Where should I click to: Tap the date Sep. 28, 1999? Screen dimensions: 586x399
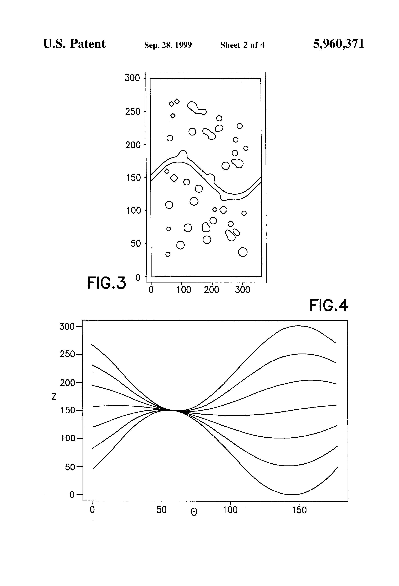click(x=168, y=45)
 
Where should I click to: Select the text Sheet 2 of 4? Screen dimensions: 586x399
click(x=242, y=45)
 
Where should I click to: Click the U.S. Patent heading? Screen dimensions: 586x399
click(x=74, y=44)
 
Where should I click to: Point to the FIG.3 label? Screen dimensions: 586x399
click(x=106, y=283)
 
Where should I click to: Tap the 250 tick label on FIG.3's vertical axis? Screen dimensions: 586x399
click(x=133, y=111)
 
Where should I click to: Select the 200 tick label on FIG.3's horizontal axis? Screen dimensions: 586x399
click(x=211, y=290)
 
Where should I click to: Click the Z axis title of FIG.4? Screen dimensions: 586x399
click(x=54, y=397)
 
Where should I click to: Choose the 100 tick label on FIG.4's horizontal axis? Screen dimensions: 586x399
click(x=230, y=510)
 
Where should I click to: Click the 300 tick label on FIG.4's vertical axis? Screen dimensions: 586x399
click(x=67, y=327)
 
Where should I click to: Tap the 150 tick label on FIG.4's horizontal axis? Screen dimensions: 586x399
click(x=299, y=510)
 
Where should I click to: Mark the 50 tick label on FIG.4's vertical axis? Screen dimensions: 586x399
click(x=70, y=467)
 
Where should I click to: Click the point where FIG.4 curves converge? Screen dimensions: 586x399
click(x=174, y=410)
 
